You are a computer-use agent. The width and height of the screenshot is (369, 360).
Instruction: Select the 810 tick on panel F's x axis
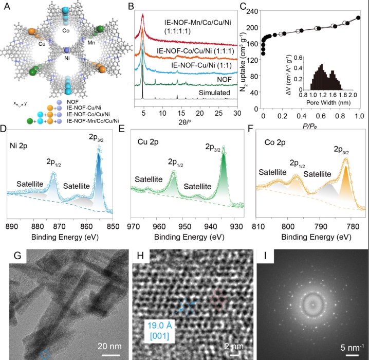(x=256, y=226)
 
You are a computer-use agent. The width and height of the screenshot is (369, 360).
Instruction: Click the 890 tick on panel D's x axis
(x=10, y=226)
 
